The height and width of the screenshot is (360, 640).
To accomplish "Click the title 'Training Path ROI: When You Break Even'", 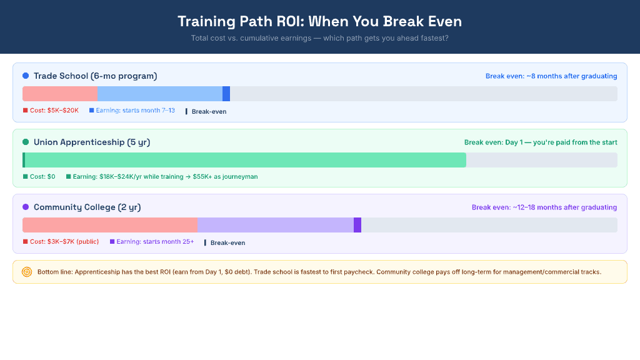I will [319, 21].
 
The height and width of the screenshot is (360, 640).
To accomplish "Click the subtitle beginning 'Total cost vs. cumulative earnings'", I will [319, 38].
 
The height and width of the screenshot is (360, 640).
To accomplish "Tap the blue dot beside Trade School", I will [26, 76].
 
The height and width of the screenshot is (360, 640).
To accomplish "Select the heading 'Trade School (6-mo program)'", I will [95, 76].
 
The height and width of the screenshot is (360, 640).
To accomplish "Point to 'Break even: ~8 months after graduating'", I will [551, 76].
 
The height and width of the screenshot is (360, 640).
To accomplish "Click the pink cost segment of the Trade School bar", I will [59, 94].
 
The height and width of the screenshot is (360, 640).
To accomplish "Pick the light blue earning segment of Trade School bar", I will [159, 94].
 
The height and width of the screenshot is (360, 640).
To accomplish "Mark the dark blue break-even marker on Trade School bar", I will [226, 94].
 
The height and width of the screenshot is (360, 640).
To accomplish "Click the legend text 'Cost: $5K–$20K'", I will [54, 111].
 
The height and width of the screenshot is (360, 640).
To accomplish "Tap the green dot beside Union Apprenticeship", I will [26, 142].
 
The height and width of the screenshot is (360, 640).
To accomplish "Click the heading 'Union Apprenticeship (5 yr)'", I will [92, 142].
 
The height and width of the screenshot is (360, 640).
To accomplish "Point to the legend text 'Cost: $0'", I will [42, 177].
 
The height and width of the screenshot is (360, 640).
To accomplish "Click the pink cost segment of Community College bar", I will [109, 225].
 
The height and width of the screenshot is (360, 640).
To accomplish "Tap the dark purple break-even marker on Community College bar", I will [357, 225].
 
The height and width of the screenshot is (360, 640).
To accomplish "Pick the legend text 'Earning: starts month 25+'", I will [155, 242].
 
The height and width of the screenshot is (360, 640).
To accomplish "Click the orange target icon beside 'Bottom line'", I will [27, 272].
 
